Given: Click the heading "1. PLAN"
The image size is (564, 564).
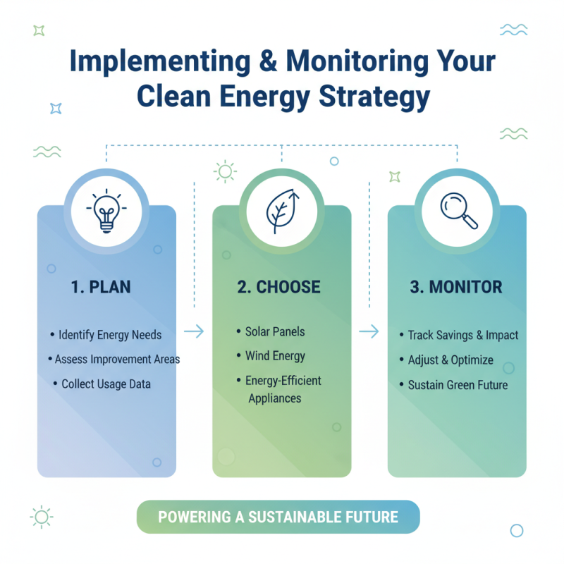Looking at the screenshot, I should pyautogui.click(x=101, y=288).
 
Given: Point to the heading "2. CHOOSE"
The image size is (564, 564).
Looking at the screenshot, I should pyautogui.click(x=278, y=288).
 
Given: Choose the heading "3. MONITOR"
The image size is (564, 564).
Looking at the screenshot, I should pyautogui.click(x=456, y=288).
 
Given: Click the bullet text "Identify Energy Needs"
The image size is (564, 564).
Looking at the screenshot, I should pyautogui.click(x=110, y=335).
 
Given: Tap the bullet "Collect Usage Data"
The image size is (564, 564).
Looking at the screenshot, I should pyautogui.click(x=106, y=384).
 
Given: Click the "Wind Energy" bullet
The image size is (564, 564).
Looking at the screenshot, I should pyautogui.click(x=275, y=356).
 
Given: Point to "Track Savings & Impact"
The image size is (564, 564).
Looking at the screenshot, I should pyautogui.click(x=462, y=335).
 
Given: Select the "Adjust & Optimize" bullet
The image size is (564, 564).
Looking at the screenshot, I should pyautogui.click(x=450, y=360).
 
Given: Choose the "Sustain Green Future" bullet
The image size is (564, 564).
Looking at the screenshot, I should pyautogui.click(x=458, y=385).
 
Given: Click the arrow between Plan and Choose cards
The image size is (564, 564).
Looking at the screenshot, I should pyautogui.click(x=194, y=331).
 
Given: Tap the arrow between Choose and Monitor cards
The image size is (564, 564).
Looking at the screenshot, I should pyautogui.click(x=369, y=331).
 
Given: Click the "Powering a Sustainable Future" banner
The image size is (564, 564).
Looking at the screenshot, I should pyautogui.click(x=278, y=517).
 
